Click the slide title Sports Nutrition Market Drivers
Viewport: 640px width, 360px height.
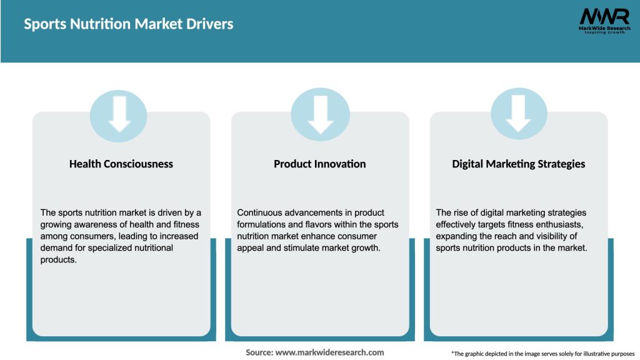coord(129,24)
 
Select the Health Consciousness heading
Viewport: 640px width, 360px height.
coord(121,164)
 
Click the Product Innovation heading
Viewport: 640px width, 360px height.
coord(320,164)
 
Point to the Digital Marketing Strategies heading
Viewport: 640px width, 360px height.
coord(519,164)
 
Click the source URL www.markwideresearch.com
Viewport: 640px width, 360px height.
coord(330,352)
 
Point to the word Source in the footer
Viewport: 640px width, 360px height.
coord(259,352)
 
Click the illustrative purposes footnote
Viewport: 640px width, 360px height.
coord(542,354)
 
